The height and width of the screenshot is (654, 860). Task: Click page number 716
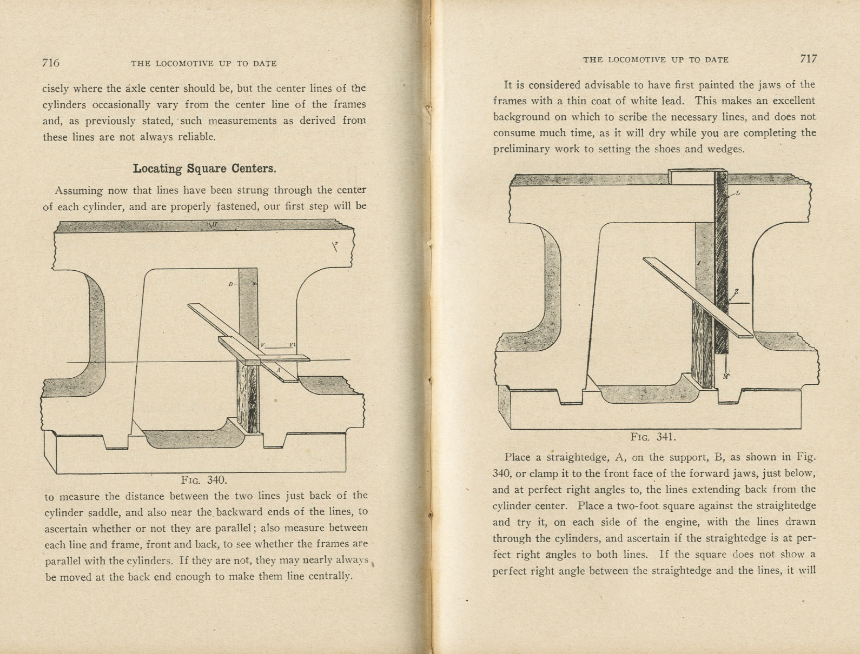51,63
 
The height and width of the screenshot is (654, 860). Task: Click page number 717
809,59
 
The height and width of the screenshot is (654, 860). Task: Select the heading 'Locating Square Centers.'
204,169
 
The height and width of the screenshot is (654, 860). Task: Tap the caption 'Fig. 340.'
204,480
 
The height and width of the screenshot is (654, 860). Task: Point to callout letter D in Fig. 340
230,284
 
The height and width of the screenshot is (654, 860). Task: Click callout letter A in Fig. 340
278,370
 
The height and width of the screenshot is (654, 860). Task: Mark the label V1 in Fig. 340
292,345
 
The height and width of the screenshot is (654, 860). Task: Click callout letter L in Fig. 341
738,193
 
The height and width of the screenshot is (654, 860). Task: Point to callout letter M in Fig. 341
726,376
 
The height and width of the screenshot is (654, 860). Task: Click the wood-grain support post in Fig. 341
703,346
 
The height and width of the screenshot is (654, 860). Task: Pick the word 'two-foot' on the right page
646,506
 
